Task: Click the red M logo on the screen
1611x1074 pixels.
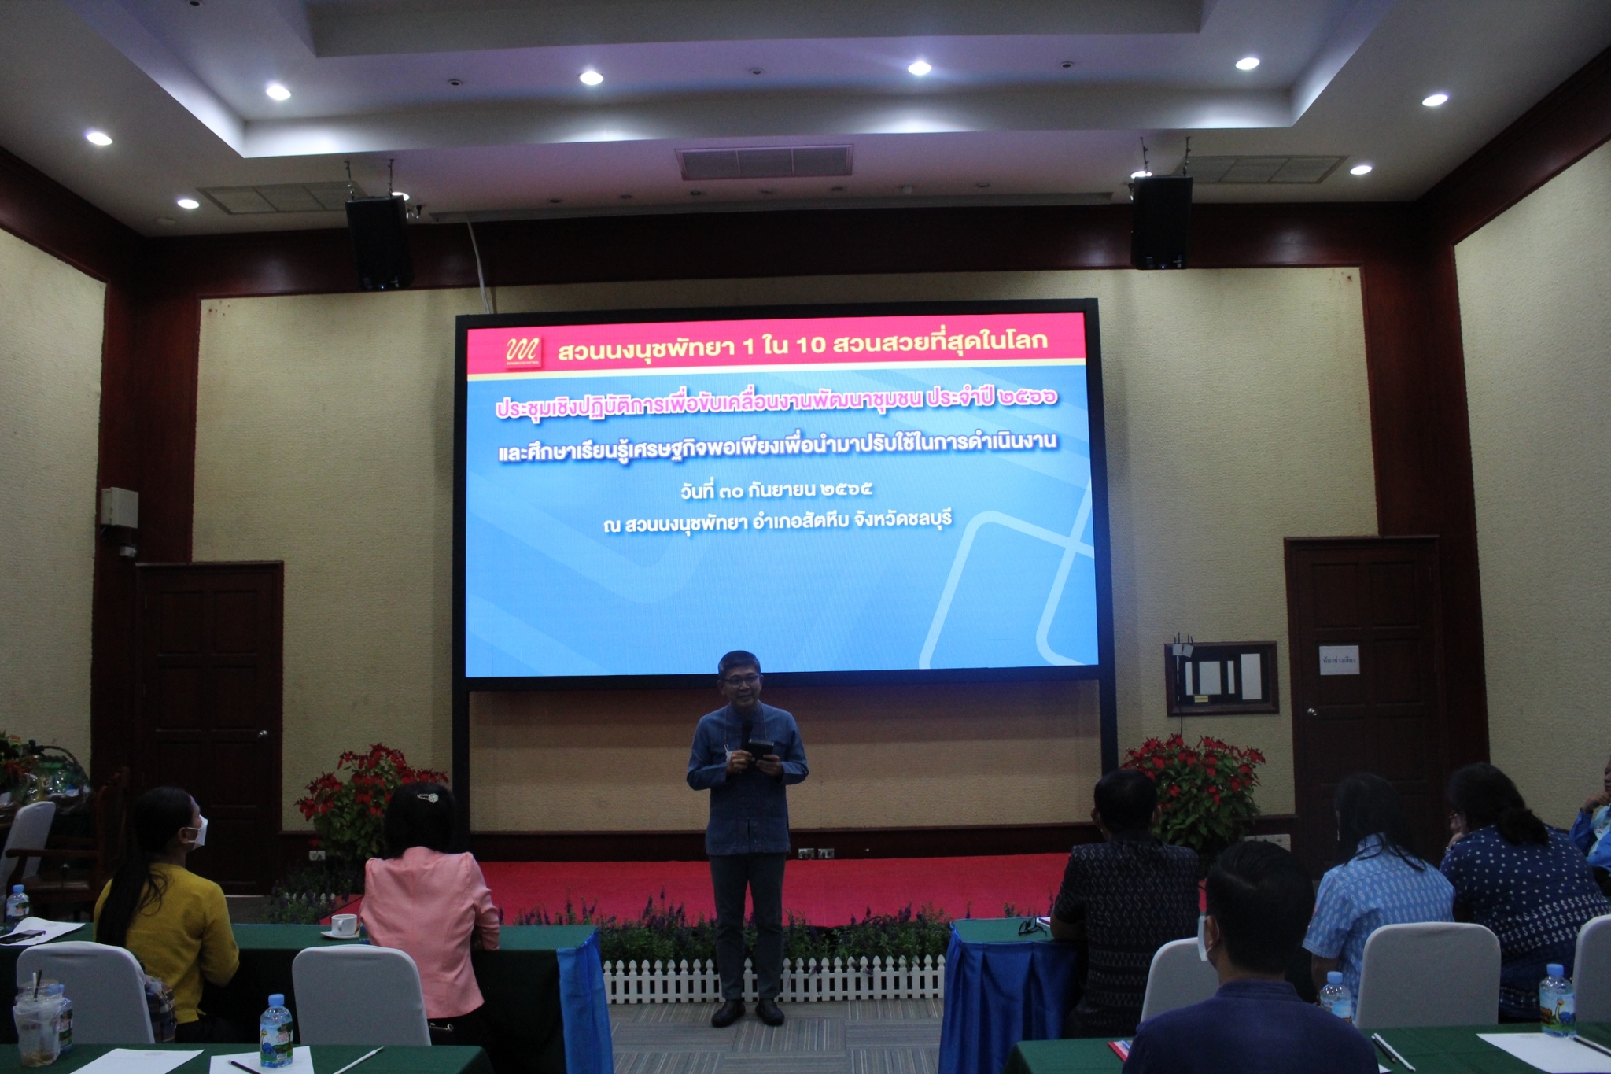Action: (x=523, y=351)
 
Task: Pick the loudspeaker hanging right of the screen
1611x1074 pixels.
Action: (x=1160, y=222)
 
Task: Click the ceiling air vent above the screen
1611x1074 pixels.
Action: (x=764, y=161)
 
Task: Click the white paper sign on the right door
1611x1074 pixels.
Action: (x=1339, y=660)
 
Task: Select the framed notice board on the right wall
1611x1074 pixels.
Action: (x=1221, y=677)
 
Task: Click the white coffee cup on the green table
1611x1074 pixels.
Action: (x=343, y=925)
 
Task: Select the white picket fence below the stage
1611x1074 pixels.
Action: (x=775, y=980)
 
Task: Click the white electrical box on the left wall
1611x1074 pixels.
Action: (x=119, y=506)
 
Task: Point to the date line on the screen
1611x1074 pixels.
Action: (x=776, y=490)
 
